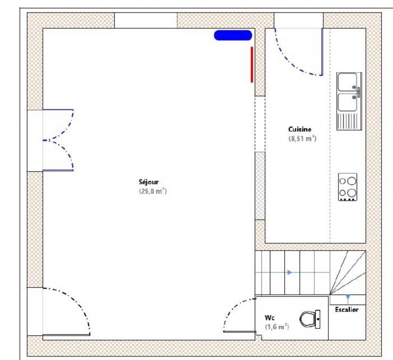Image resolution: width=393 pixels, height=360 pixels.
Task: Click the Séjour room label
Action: click(149, 182)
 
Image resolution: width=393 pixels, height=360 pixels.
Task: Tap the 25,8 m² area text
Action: click(153, 191)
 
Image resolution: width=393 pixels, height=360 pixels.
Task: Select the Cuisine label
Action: click(300, 129)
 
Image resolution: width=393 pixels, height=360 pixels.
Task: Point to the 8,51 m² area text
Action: click(303, 139)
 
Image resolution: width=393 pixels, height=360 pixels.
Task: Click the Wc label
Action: click(270, 318)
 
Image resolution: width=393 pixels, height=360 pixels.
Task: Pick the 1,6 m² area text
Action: click(277, 327)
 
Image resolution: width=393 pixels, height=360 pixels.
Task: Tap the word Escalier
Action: click(347, 310)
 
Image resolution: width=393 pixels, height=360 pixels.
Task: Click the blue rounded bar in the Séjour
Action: click(233, 35)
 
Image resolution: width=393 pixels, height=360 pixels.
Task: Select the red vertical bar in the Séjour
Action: click(252, 64)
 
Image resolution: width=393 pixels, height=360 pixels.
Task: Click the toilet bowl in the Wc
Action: click(308, 319)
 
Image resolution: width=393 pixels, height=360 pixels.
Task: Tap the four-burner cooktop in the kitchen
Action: click(348, 187)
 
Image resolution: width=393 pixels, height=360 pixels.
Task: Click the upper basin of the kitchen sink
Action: click(347, 82)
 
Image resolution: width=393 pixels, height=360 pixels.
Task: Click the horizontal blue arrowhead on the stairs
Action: click(290, 272)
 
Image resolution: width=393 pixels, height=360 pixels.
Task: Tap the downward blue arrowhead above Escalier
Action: click(348, 297)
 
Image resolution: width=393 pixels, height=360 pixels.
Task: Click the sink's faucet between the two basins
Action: click(359, 92)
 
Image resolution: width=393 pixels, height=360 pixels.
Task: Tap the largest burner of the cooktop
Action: click(352, 181)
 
